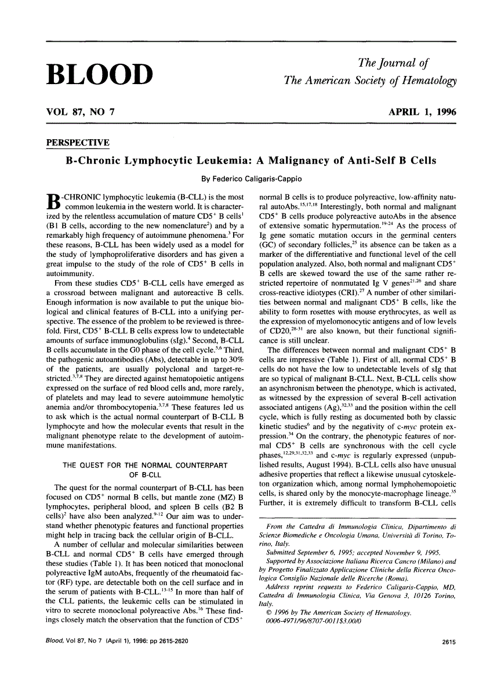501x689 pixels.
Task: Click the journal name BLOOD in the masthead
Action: point(99,74)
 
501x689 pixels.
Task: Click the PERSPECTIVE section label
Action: point(77,143)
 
